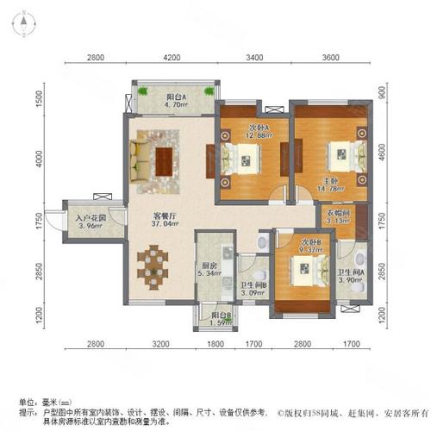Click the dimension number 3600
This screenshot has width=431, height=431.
click(x=333, y=59)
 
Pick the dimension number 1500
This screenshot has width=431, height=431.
click(x=37, y=101)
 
